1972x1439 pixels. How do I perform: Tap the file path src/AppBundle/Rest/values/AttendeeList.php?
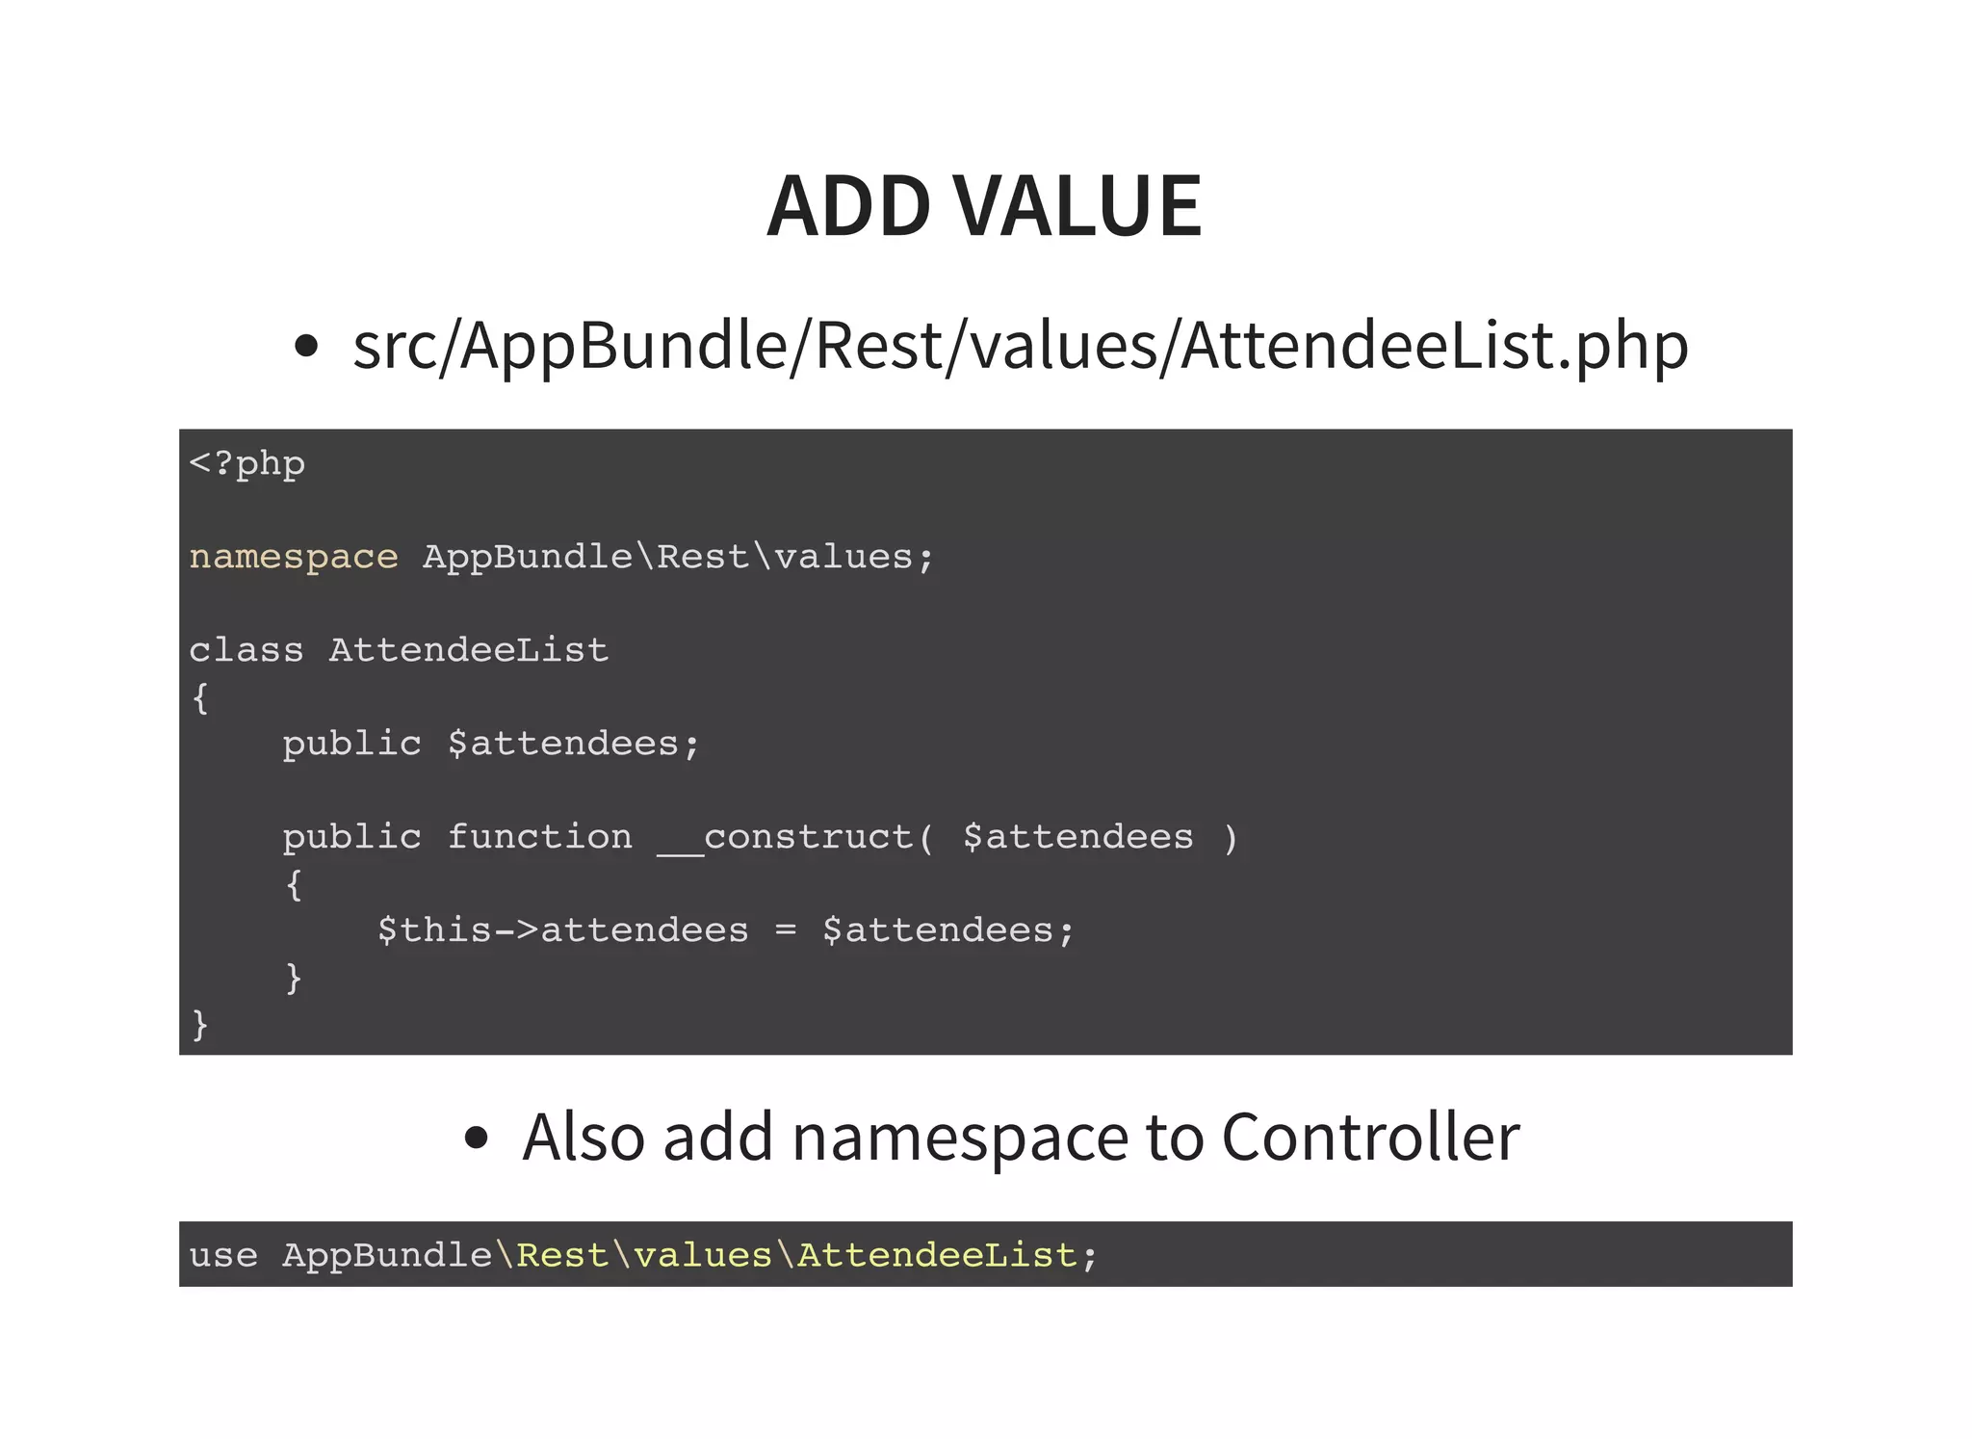pyautogui.click(x=1020, y=346)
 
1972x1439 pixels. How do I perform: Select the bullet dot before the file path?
pyautogui.click(x=306, y=347)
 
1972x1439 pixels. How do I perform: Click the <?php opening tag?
pyautogui.click(x=247, y=464)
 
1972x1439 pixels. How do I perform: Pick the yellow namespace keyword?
pyautogui.click(x=294, y=557)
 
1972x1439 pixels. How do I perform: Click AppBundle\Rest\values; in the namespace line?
pyautogui.click(x=678, y=557)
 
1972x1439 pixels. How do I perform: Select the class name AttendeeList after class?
pyautogui.click(x=469, y=650)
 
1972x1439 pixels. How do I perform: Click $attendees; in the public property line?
pyautogui.click(x=574, y=744)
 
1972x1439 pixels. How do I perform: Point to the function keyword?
pyautogui.click(x=539, y=837)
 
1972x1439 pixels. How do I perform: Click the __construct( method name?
pyautogui.click(x=795, y=837)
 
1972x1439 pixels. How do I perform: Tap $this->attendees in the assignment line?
pyautogui.click(x=562, y=930)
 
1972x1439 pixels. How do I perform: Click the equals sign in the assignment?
pyautogui.click(x=786, y=930)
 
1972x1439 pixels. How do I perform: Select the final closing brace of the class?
pyautogui.click(x=200, y=1024)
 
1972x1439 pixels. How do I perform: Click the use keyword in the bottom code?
pyautogui.click(x=223, y=1256)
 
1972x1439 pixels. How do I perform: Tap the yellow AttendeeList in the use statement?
pyautogui.click(x=936, y=1256)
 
